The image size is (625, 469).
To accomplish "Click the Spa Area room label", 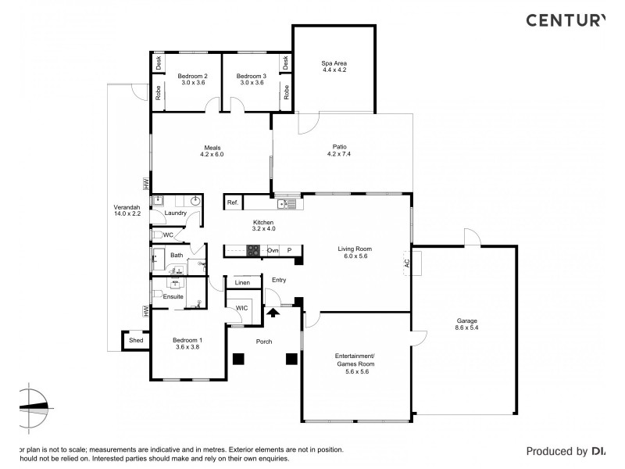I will tap(334, 63).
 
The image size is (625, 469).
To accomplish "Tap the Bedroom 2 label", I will tap(192, 75).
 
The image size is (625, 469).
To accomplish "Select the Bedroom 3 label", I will tap(252, 75).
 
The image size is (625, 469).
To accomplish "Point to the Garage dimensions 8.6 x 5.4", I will tap(468, 328).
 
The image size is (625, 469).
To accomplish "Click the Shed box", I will tap(136, 340).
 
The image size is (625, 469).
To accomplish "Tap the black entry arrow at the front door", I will tap(273, 312).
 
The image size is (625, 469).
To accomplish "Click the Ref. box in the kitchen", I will tap(232, 202).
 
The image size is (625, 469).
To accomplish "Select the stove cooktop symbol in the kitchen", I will tap(254, 250).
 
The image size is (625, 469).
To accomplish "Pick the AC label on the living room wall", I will tap(407, 264).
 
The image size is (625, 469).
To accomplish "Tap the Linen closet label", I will tap(242, 282).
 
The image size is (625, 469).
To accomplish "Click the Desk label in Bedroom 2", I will tap(158, 63).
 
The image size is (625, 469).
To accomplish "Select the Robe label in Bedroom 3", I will tap(287, 91).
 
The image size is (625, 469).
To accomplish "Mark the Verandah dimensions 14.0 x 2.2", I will tap(127, 213).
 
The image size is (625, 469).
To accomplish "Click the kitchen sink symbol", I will tap(287, 204).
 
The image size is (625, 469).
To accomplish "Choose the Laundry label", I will tap(175, 213).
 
